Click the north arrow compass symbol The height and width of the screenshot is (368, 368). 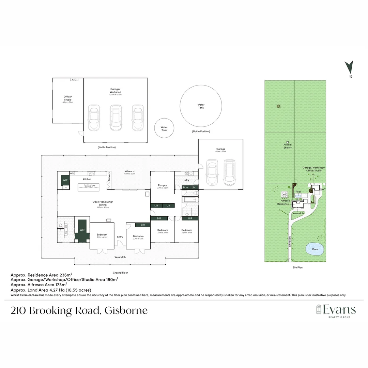tap(349, 67)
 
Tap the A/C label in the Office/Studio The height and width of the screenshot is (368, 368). tap(74, 79)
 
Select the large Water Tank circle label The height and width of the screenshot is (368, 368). tap(201, 106)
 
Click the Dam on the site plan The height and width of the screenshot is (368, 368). tap(315, 249)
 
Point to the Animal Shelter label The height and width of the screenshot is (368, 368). tap(288, 146)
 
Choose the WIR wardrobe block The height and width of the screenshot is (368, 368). tap(82, 230)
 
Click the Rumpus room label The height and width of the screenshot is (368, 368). tap(162, 185)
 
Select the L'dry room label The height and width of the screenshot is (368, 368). tap(186, 180)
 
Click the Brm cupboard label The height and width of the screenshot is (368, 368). tap(185, 187)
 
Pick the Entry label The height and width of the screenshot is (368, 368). tap(120, 237)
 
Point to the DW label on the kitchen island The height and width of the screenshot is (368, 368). tap(93, 186)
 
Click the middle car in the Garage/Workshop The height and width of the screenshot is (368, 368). tap(116, 118)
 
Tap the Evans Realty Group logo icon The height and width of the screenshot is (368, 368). tap(319, 309)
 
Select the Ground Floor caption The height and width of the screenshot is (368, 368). tap(120, 273)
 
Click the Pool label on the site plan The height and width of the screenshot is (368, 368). tap(298, 192)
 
